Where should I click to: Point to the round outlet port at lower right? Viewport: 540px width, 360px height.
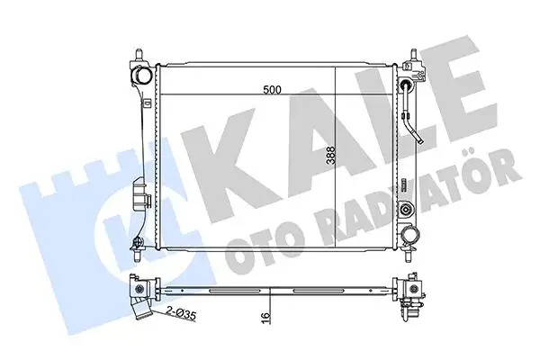pos(413,235)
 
